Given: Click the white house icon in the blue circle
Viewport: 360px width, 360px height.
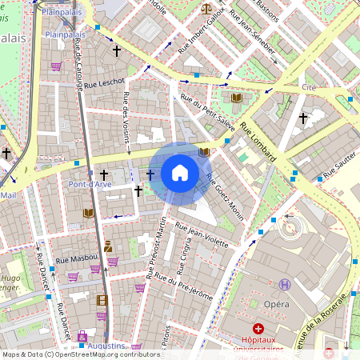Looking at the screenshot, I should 180,173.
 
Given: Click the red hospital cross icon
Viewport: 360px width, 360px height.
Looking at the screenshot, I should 258,329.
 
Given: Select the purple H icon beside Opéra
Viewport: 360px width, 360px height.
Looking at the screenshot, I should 286,284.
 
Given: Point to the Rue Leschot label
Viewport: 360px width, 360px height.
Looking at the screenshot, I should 104,82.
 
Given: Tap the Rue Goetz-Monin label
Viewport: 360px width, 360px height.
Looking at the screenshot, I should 224,196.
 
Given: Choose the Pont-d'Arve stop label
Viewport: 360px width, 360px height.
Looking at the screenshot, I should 89,184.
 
